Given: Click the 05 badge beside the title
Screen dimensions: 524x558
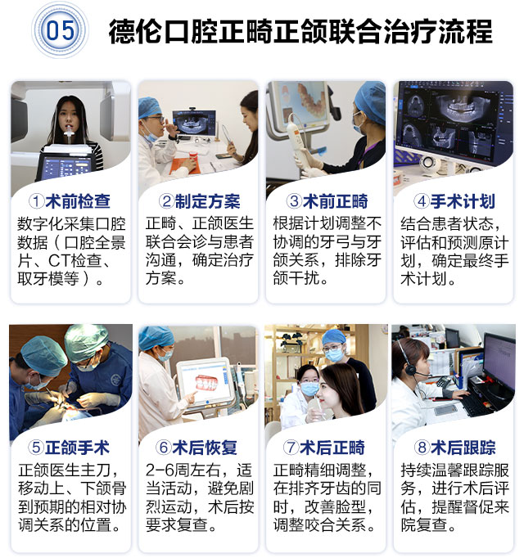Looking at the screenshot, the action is click(60, 30).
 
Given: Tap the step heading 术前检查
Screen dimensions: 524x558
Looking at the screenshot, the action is click(78, 201).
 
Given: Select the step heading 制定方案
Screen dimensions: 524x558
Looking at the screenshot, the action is click(207, 201).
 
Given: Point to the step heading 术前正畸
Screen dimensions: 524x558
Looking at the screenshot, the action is click(335, 201).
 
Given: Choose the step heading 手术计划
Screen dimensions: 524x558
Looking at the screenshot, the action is click(463, 201).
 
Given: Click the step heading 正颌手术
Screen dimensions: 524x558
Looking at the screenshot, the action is click(77, 448).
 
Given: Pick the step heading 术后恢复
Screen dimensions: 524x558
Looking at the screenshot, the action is click(205, 448).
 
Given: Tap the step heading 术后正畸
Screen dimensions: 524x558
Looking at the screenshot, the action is click(332, 448).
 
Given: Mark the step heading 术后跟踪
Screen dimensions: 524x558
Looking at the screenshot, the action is click(463, 448).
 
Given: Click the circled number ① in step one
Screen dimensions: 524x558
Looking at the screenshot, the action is click(36, 201).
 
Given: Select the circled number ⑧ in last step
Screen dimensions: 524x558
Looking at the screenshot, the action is click(422, 448).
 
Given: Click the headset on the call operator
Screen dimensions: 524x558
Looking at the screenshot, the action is click(409, 362).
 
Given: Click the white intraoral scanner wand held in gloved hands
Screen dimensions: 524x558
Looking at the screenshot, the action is click(298, 142).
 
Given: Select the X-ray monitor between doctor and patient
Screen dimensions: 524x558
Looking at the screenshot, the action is click(194, 123).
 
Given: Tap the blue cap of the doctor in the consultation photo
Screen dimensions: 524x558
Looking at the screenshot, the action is click(148, 107).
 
